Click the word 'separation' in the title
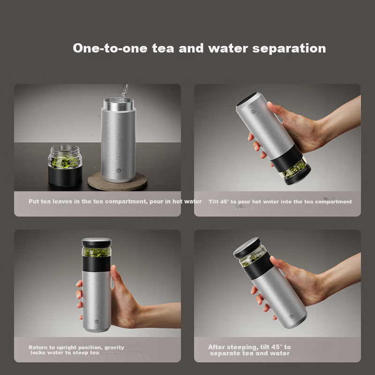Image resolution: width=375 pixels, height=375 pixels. coord(289,49)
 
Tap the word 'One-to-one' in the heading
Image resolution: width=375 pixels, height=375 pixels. coord(110,48)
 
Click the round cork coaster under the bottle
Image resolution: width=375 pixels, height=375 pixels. coord(117,181)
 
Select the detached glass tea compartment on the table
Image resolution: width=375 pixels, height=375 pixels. coord(65,165)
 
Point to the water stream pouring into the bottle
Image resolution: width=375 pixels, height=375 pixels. coord(124,93)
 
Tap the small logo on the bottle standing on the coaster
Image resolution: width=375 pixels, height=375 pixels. coord(119,170)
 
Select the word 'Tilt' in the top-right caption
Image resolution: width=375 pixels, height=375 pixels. coord(214,202)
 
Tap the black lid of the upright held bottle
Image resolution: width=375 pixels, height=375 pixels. coord(97,242)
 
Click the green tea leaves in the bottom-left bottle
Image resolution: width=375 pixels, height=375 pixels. coord(97,252)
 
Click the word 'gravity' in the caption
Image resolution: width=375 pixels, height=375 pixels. coord(114,347)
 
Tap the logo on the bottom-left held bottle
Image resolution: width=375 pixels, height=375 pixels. coord(97,322)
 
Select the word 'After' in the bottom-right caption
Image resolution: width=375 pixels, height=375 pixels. coord(217,347)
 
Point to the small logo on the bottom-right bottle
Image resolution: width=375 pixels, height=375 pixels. coord(291,316)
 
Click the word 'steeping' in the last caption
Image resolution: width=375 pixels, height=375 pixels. coord(242,347)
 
